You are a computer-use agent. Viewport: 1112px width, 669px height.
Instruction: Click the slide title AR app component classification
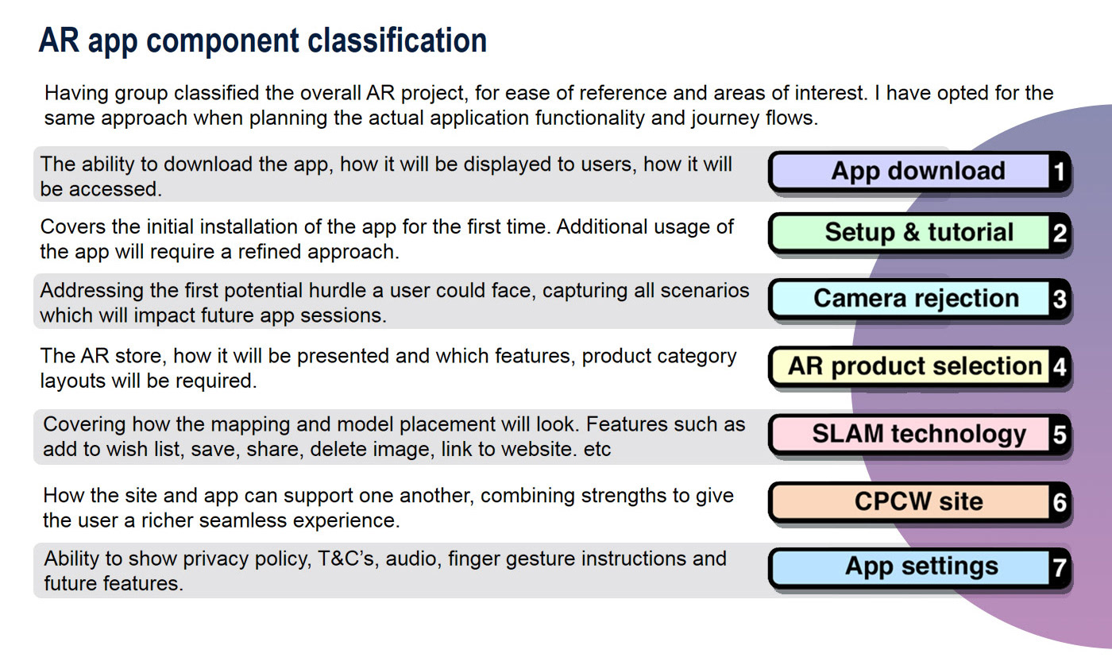[263, 41]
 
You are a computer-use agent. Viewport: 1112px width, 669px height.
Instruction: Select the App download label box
[910, 172]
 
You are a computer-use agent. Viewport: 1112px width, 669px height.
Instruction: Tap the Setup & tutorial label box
[910, 233]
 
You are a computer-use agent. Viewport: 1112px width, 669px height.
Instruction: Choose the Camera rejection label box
[910, 299]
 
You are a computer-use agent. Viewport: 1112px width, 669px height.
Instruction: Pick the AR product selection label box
[910, 366]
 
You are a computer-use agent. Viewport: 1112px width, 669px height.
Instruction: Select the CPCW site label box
[910, 501]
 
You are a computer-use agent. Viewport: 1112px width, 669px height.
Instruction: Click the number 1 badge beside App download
[1059, 172]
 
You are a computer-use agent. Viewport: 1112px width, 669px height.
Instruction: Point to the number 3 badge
[1059, 299]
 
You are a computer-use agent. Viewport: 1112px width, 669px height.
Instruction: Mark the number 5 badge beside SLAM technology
[1059, 435]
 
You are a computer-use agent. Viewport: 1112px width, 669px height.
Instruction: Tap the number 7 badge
[1059, 567]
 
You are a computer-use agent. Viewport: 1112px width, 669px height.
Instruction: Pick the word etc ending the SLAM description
[597, 450]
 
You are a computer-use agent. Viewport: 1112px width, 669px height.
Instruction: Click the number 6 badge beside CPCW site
[1059, 502]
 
